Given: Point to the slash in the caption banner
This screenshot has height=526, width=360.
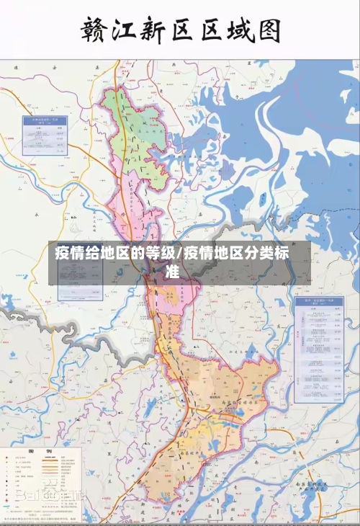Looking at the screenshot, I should pyautogui.click(x=181, y=254).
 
